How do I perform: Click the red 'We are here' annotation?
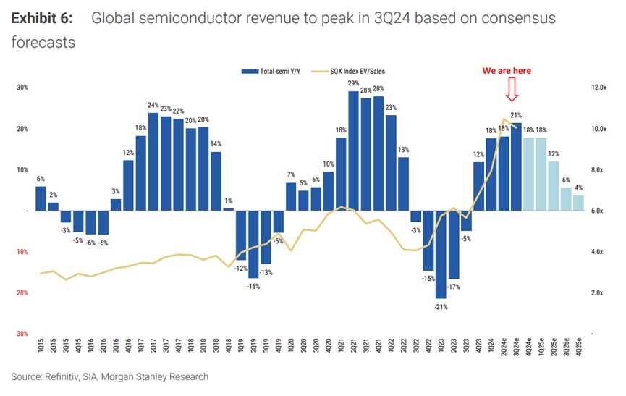[x=507, y=71]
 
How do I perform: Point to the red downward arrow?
[x=512, y=90]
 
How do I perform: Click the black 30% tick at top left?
[x=22, y=88]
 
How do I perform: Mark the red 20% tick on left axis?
[x=22, y=292]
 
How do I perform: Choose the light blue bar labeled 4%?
[x=578, y=203]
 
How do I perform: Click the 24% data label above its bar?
[x=153, y=106]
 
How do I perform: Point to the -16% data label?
[x=253, y=286]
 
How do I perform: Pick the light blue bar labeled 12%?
[x=553, y=186]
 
